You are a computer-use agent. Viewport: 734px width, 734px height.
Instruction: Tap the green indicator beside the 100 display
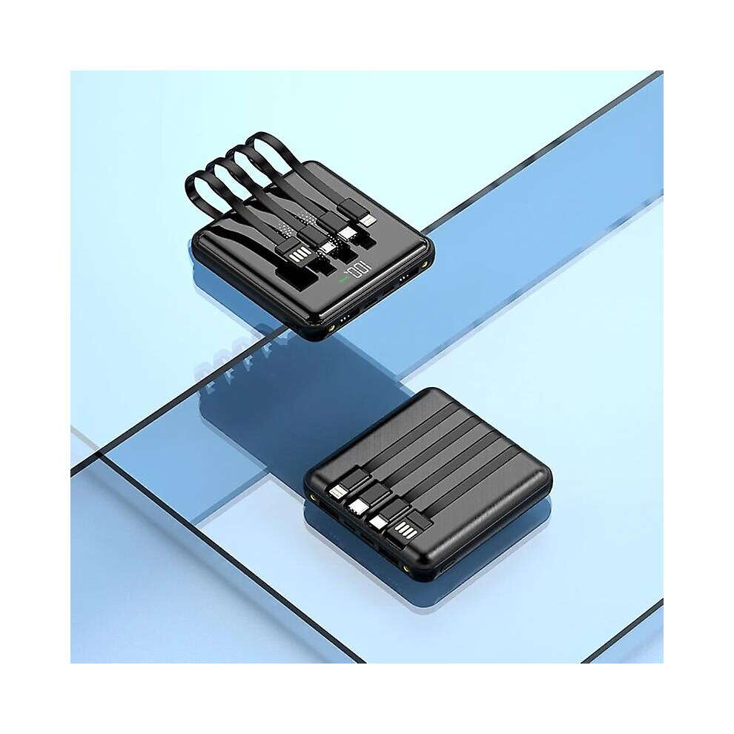[343, 280]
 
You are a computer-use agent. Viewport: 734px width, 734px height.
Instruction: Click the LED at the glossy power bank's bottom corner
[332, 329]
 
